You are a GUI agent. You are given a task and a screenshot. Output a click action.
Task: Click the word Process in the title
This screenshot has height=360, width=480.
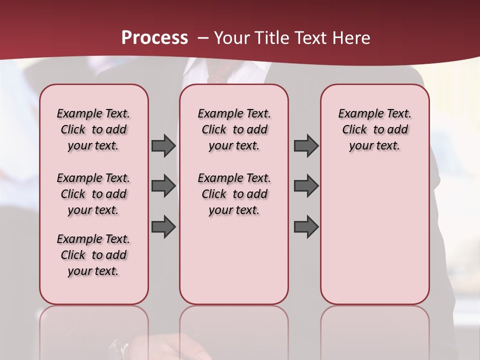click(154, 38)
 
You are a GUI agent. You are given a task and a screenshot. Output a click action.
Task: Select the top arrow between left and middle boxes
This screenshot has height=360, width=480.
click(163, 145)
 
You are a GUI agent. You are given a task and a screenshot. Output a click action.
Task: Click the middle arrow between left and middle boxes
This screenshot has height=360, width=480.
click(163, 186)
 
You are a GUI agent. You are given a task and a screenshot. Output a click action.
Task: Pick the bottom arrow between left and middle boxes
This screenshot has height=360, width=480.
click(163, 226)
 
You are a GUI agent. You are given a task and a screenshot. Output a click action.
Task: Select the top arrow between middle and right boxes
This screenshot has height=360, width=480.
click(306, 145)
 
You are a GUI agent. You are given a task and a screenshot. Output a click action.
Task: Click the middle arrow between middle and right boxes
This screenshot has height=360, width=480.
click(306, 186)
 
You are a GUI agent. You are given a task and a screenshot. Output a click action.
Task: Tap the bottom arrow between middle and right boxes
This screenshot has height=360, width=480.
click(306, 226)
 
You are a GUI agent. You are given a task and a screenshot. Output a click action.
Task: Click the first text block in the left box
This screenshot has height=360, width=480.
click(93, 129)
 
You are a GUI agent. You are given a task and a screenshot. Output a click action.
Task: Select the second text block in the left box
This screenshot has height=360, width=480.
click(93, 194)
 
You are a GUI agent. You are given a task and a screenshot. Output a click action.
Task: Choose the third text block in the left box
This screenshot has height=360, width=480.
click(93, 255)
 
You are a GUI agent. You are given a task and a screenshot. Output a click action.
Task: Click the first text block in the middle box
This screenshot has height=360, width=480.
click(234, 129)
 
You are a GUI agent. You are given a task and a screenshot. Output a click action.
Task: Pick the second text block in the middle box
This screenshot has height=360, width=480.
click(234, 194)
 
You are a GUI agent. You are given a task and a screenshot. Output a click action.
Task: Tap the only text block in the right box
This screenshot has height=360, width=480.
click(374, 129)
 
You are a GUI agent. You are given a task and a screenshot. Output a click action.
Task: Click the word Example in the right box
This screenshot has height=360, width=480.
click(356, 113)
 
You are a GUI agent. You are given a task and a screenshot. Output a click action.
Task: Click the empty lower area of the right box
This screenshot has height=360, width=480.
click(374, 235)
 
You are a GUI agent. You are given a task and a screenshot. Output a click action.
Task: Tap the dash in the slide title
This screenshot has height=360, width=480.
click(203, 38)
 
